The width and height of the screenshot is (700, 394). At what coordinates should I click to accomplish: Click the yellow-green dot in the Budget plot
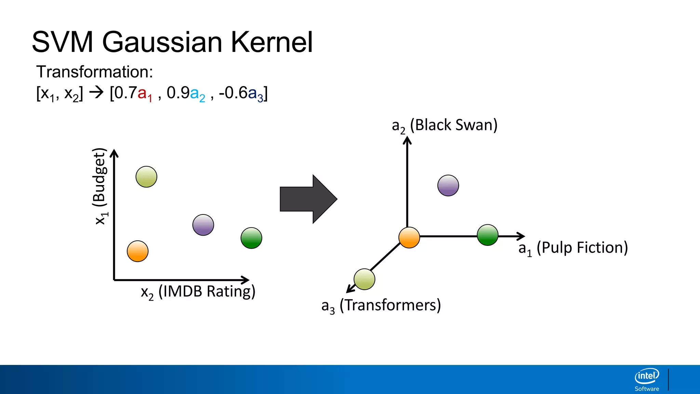pos(146,177)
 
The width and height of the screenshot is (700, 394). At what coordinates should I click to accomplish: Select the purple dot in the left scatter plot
pos(203,225)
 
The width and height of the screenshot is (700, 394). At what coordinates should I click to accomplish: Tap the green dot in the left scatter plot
pos(251,238)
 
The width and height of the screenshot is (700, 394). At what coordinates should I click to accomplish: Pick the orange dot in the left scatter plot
pos(137,251)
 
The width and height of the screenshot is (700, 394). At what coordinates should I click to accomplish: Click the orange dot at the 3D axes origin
pos(409,237)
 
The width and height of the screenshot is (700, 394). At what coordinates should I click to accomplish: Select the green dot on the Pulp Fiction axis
pos(487,235)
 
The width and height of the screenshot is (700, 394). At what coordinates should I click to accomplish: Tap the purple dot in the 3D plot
pos(448,185)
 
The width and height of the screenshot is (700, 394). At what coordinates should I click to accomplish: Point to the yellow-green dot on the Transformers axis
pos(364,279)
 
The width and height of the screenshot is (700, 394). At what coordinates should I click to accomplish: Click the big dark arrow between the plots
pos(308,199)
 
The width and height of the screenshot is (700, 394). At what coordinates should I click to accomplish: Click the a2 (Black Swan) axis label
pos(444,125)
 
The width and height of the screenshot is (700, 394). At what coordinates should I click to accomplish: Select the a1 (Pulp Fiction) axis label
pos(573,248)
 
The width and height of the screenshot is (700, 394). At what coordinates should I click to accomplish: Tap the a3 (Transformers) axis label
pos(381,305)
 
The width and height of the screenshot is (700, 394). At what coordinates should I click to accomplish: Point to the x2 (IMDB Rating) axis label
pos(198,292)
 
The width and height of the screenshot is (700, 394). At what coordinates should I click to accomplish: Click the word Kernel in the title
pos(272,42)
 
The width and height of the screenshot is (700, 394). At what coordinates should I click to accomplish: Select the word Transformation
pos(94,72)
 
